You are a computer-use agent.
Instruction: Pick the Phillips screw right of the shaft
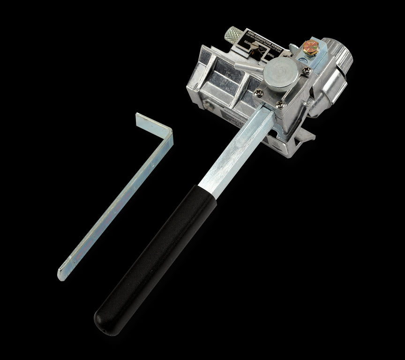[280, 104]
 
